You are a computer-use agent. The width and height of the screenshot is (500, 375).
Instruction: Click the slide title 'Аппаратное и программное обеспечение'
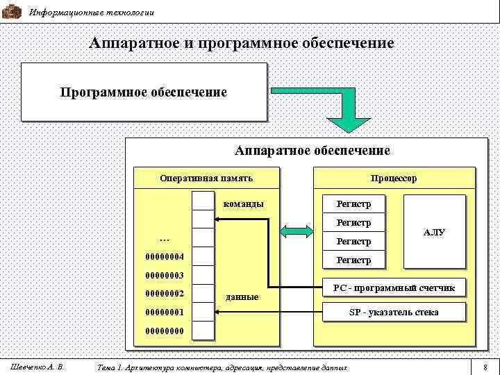(242, 43)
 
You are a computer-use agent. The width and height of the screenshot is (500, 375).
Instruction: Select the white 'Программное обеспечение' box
(144, 92)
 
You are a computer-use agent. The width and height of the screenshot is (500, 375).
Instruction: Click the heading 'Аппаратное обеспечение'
(312, 150)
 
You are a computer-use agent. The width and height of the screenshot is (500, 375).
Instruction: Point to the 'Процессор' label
(394, 178)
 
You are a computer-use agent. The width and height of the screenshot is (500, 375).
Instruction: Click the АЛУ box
(434, 233)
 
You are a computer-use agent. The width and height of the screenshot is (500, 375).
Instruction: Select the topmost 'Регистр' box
(353, 204)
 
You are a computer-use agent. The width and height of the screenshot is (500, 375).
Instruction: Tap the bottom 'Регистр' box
(353, 260)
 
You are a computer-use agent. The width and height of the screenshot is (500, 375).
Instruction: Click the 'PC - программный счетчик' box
(394, 287)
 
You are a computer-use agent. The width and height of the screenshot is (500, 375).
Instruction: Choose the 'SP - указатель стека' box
(394, 312)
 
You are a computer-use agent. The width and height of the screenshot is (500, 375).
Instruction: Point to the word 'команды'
(243, 204)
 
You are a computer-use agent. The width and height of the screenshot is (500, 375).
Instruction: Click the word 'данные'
(243, 297)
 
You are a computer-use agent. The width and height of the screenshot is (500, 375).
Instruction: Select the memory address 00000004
(165, 258)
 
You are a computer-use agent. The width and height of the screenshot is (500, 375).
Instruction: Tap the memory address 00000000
(165, 331)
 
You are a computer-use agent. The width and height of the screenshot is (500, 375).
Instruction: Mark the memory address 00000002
(165, 294)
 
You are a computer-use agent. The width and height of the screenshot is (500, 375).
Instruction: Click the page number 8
(485, 366)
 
